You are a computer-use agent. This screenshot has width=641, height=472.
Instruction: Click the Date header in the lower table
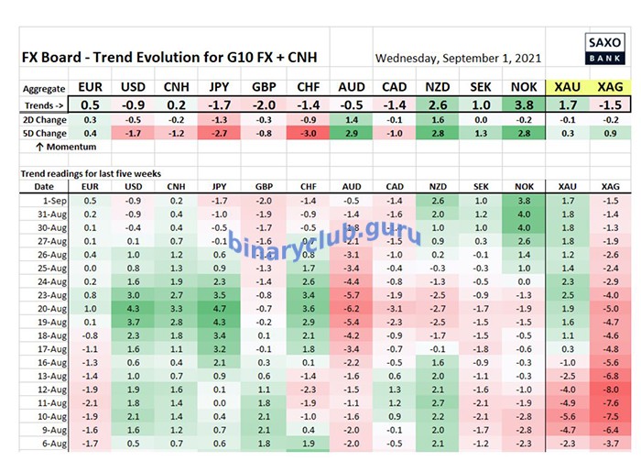pyautogui.click(x=43, y=187)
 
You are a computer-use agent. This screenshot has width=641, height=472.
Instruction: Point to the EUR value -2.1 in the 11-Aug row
pyautogui.click(x=89, y=403)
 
